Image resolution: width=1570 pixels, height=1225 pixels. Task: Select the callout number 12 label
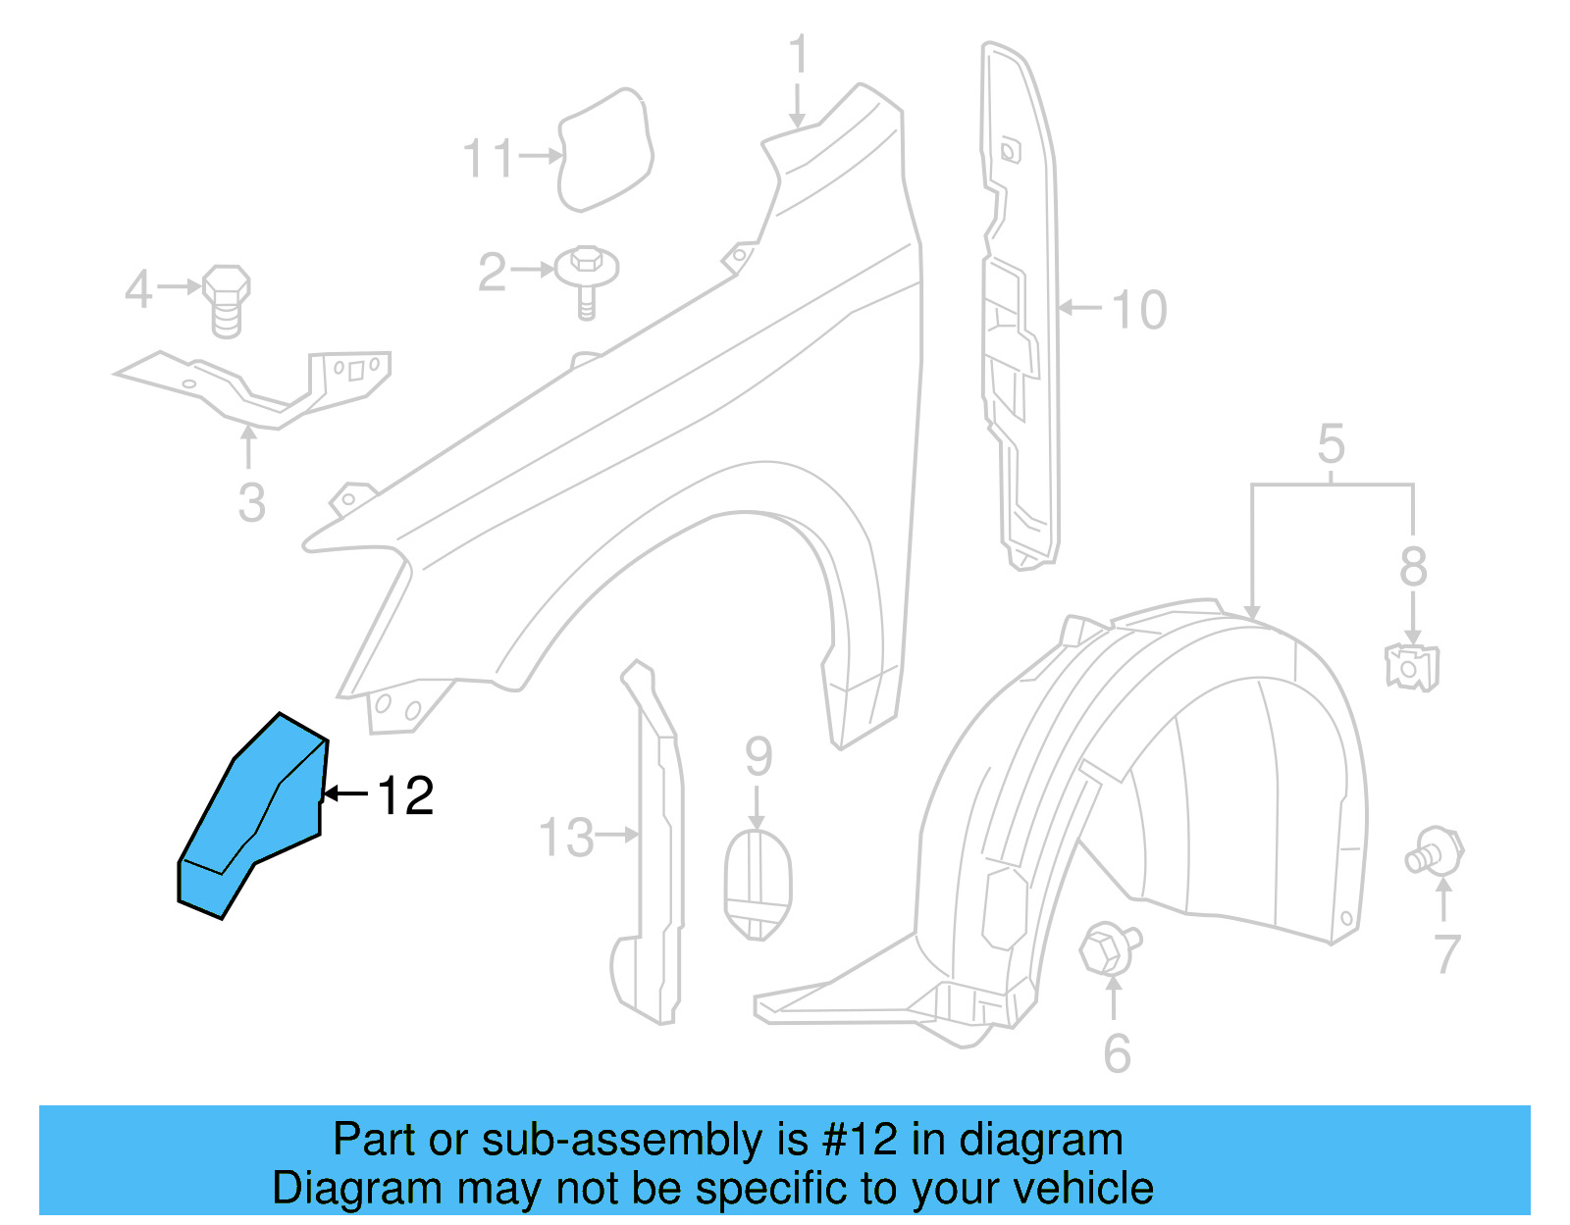405,795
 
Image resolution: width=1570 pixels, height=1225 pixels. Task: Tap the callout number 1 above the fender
799,55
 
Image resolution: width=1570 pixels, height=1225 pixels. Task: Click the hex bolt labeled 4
227,298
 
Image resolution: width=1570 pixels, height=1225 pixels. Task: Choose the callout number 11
488,158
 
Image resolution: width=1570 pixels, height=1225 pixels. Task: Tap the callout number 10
1138,310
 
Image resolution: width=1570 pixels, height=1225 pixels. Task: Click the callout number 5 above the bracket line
1331,444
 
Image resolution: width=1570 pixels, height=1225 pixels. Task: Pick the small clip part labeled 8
1412,667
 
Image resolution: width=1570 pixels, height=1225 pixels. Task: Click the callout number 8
1413,566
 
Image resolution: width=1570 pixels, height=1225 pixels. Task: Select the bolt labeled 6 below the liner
1108,947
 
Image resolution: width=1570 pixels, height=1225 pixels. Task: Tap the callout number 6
1117,1053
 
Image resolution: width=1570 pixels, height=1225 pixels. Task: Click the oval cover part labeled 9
758,884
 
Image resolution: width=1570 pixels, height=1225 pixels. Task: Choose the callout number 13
566,839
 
